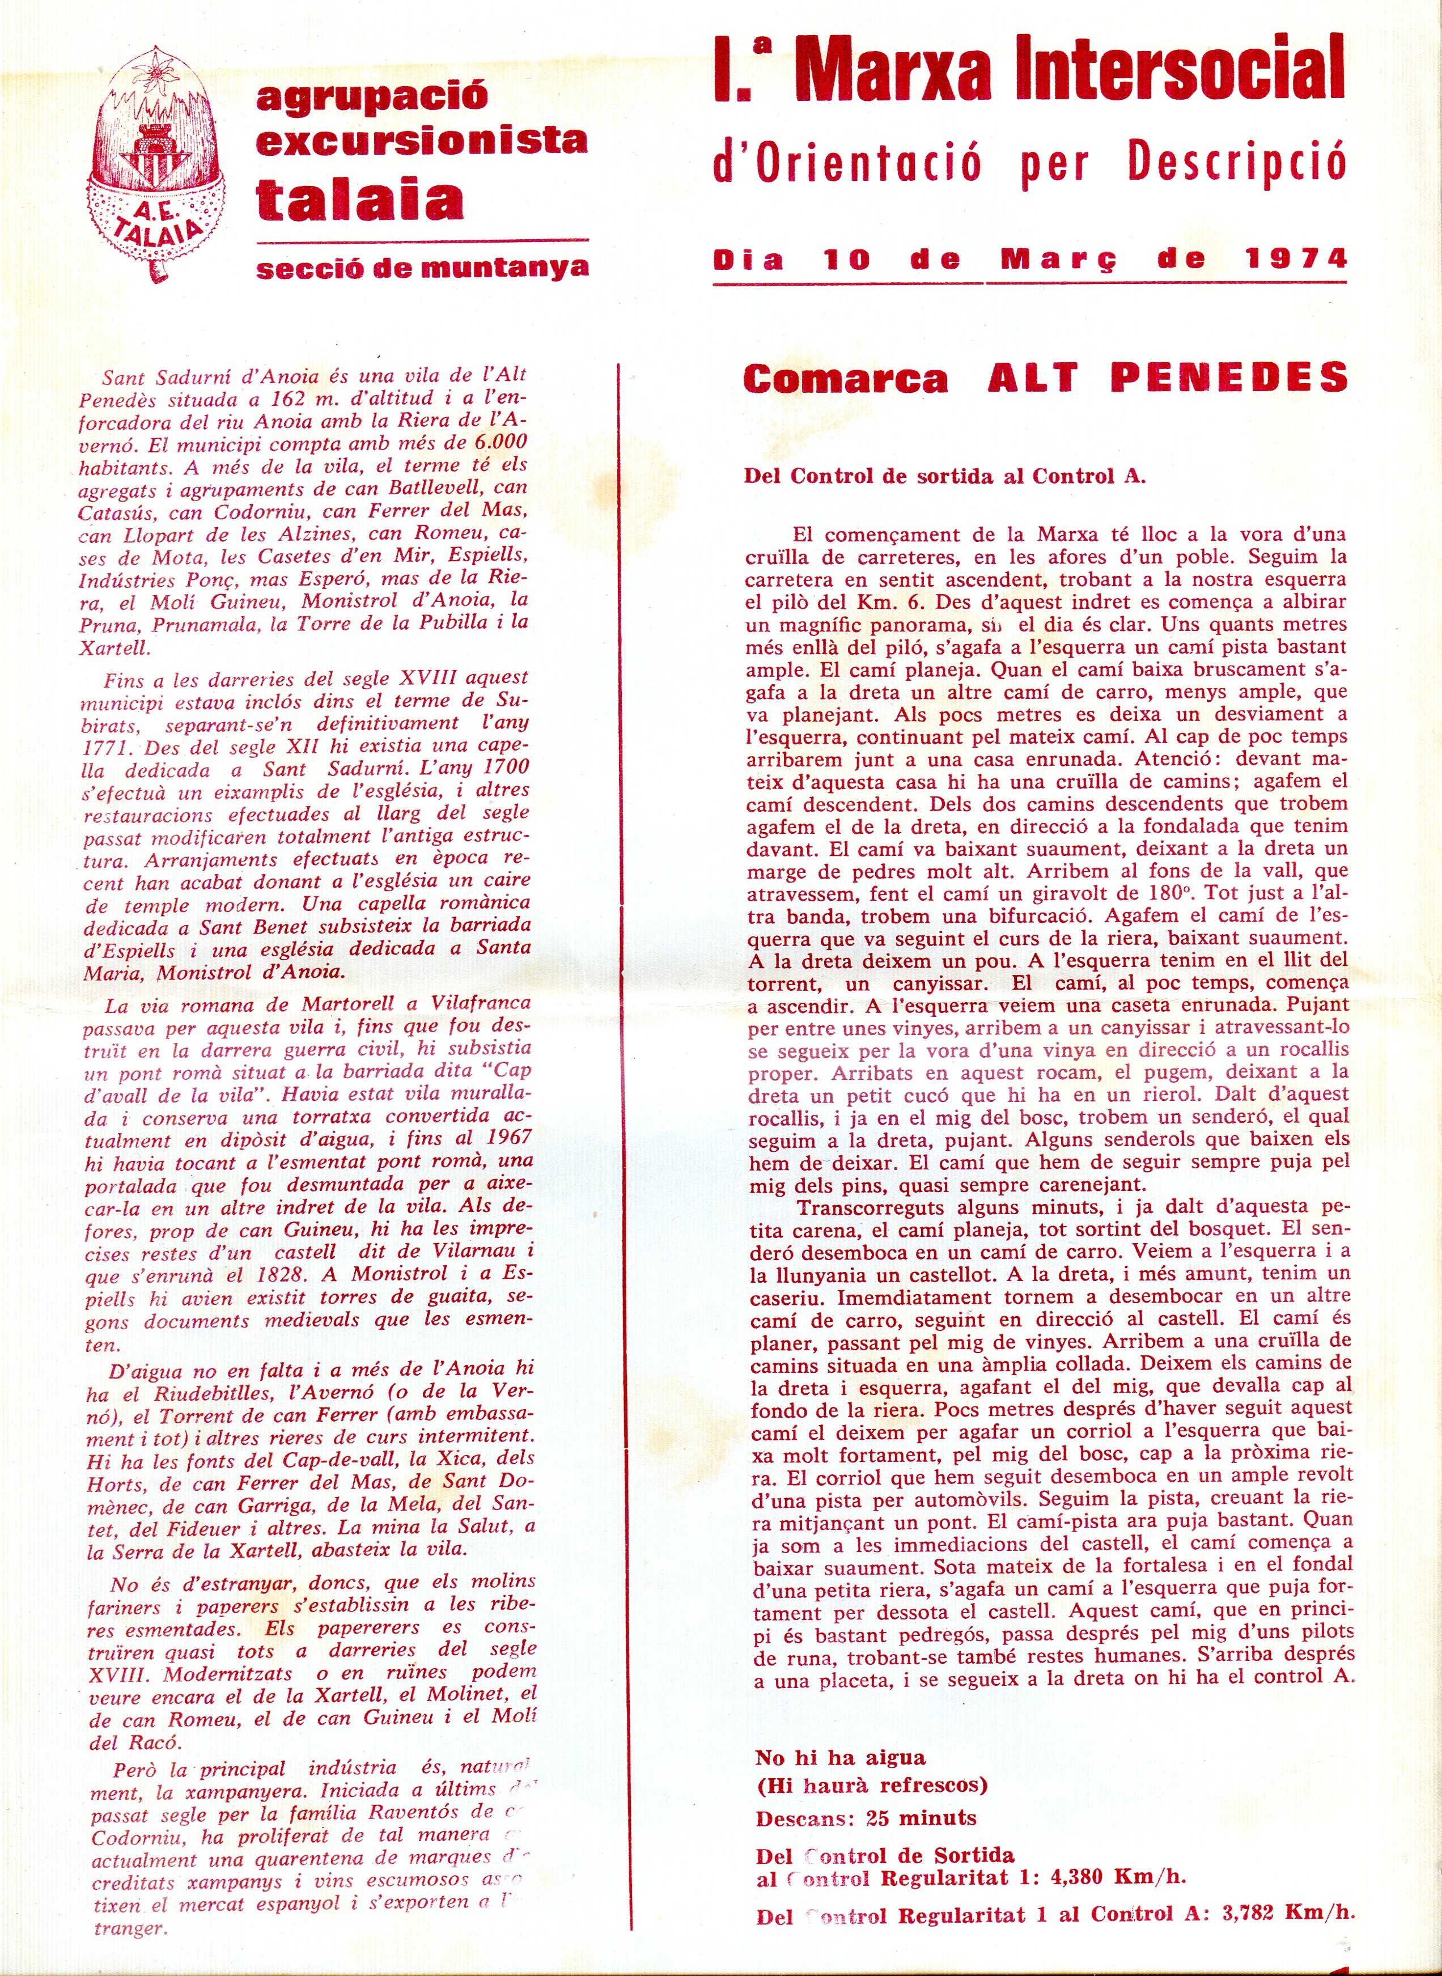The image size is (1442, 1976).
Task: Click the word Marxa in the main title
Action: pyautogui.click(x=893, y=70)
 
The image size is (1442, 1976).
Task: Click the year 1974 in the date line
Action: pyautogui.click(x=1296, y=259)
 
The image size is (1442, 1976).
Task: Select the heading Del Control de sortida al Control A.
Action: pyautogui.click(x=944, y=477)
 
